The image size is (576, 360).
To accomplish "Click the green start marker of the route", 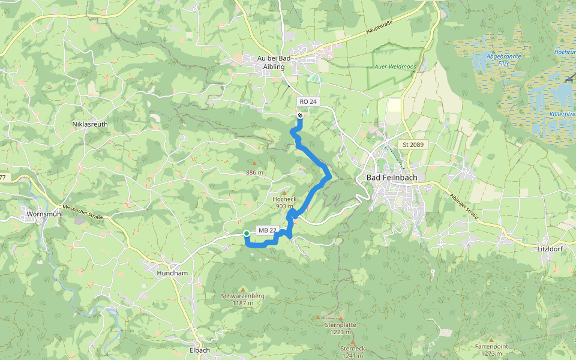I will point(247,233).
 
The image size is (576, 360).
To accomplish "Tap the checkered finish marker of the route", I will point(300,115).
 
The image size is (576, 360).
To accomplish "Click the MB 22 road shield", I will point(268,230).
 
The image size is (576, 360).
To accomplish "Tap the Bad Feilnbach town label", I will point(391,178).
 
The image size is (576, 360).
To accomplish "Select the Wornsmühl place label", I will point(41,214).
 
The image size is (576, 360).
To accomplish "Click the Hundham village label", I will point(172,272).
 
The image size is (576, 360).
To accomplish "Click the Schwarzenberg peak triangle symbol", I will point(243,289).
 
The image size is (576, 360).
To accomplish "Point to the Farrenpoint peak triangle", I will point(491,339).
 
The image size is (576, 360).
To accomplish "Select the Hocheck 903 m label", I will point(284,202).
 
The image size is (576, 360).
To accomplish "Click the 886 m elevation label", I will point(254,173).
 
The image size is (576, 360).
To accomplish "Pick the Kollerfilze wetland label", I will point(562,113).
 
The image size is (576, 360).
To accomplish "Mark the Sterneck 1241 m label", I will point(352,352).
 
